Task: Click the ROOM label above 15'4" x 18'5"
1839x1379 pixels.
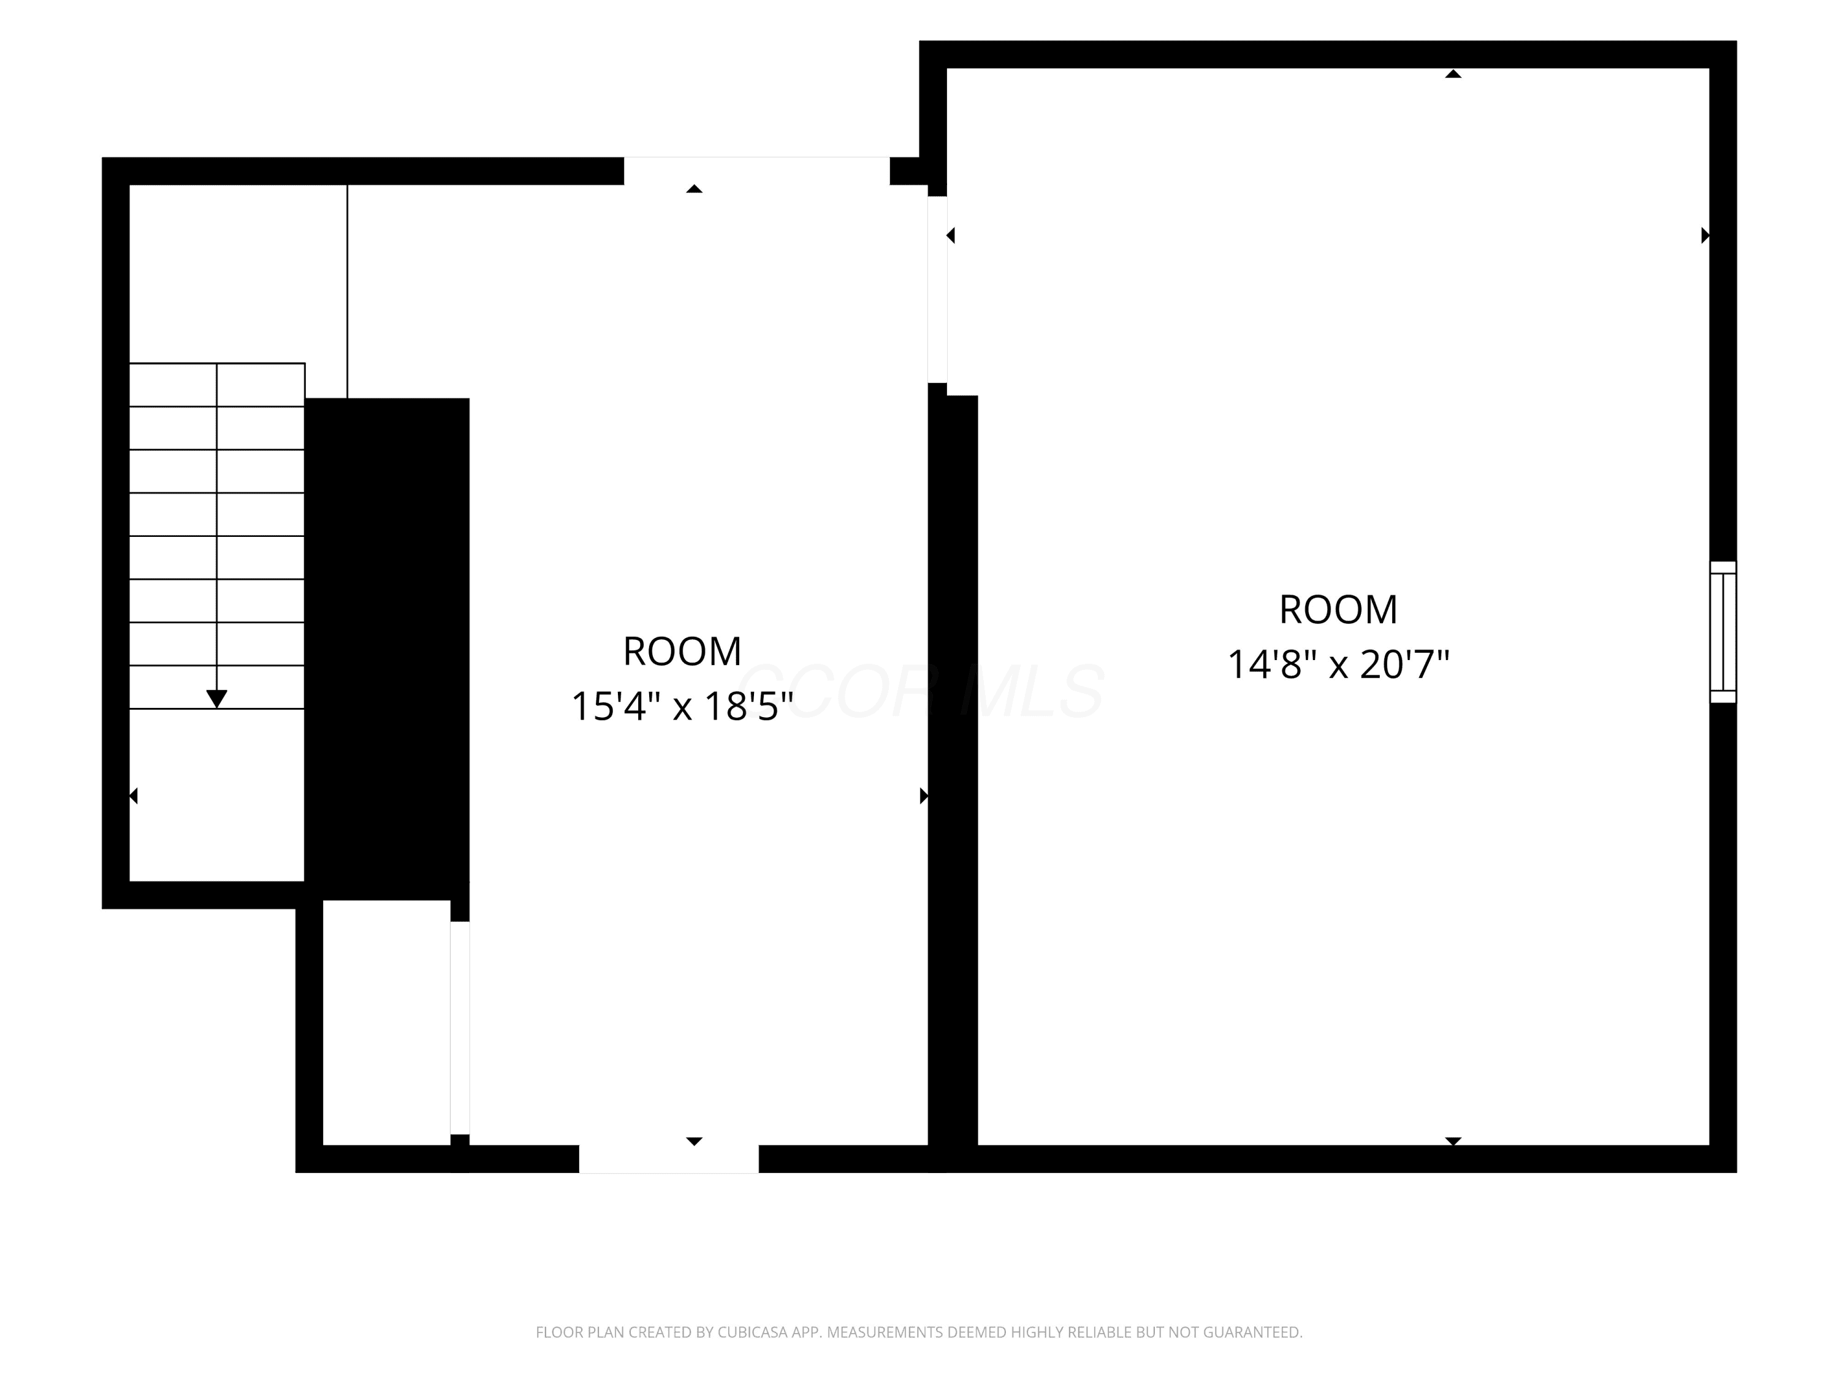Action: [x=682, y=652]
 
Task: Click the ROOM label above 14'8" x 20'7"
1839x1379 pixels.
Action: [x=1338, y=610]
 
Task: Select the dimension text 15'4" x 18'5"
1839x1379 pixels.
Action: [x=682, y=707]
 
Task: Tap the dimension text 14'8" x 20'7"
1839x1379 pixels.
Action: [x=1338, y=665]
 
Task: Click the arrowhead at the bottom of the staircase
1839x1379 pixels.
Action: [x=217, y=699]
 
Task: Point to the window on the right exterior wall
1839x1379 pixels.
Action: [x=1723, y=632]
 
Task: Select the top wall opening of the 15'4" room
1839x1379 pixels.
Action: [x=756, y=170]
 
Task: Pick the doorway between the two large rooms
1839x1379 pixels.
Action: [x=937, y=289]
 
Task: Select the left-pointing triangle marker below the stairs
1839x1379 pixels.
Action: [x=133, y=796]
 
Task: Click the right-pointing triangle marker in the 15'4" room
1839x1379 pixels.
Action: [x=924, y=796]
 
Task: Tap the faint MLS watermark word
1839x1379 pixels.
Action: [x=1032, y=691]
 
